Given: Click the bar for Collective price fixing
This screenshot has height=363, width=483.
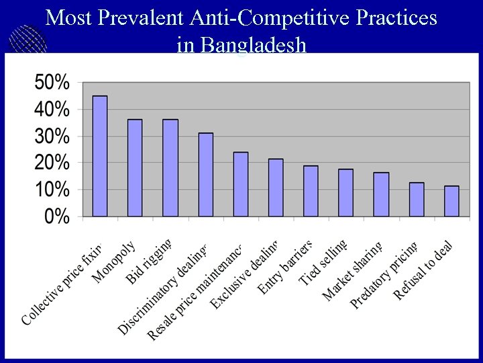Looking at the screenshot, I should (x=100, y=156).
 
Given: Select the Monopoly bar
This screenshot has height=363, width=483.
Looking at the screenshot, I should (x=135, y=168).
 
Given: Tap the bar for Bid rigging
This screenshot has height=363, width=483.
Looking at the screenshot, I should (x=170, y=168).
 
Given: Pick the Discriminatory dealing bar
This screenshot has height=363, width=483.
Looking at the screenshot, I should (x=205, y=175).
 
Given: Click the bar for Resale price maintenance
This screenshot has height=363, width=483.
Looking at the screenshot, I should (x=241, y=184).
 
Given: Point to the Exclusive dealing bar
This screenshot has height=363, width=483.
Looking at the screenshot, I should (x=276, y=188).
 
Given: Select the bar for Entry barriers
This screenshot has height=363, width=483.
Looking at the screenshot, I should (x=311, y=191).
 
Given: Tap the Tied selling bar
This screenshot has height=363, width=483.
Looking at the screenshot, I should (x=345, y=193).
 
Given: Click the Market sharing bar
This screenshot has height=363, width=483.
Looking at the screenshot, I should (x=381, y=194).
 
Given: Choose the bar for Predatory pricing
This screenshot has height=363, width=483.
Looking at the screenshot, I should (x=417, y=200).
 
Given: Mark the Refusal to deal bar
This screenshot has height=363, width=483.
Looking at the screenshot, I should (x=451, y=201).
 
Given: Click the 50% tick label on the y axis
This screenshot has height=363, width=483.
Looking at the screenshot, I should (x=52, y=83).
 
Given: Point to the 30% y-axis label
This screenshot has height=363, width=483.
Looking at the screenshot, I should (x=52, y=136).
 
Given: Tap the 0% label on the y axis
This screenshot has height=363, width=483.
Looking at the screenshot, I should (x=56, y=216).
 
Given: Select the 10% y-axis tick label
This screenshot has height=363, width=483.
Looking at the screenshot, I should (x=52, y=190).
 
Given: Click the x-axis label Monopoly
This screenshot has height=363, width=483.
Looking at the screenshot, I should (x=115, y=262).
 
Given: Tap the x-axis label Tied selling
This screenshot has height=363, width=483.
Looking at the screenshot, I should (x=323, y=263).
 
